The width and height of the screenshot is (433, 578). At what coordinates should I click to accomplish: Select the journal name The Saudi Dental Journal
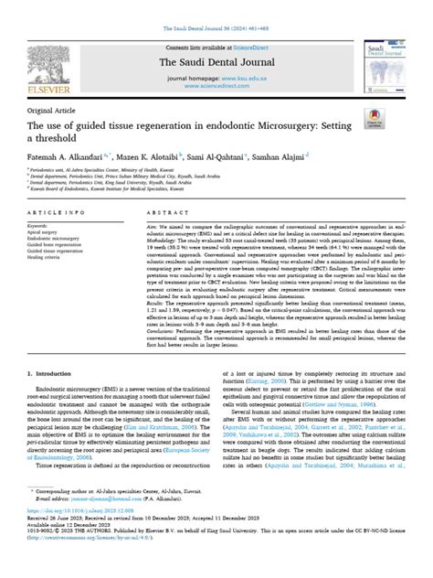click(x=216, y=60)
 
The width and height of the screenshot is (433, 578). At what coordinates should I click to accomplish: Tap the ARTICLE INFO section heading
click(x=56, y=212)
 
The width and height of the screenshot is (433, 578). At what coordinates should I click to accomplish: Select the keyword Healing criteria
click(x=47, y=258)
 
